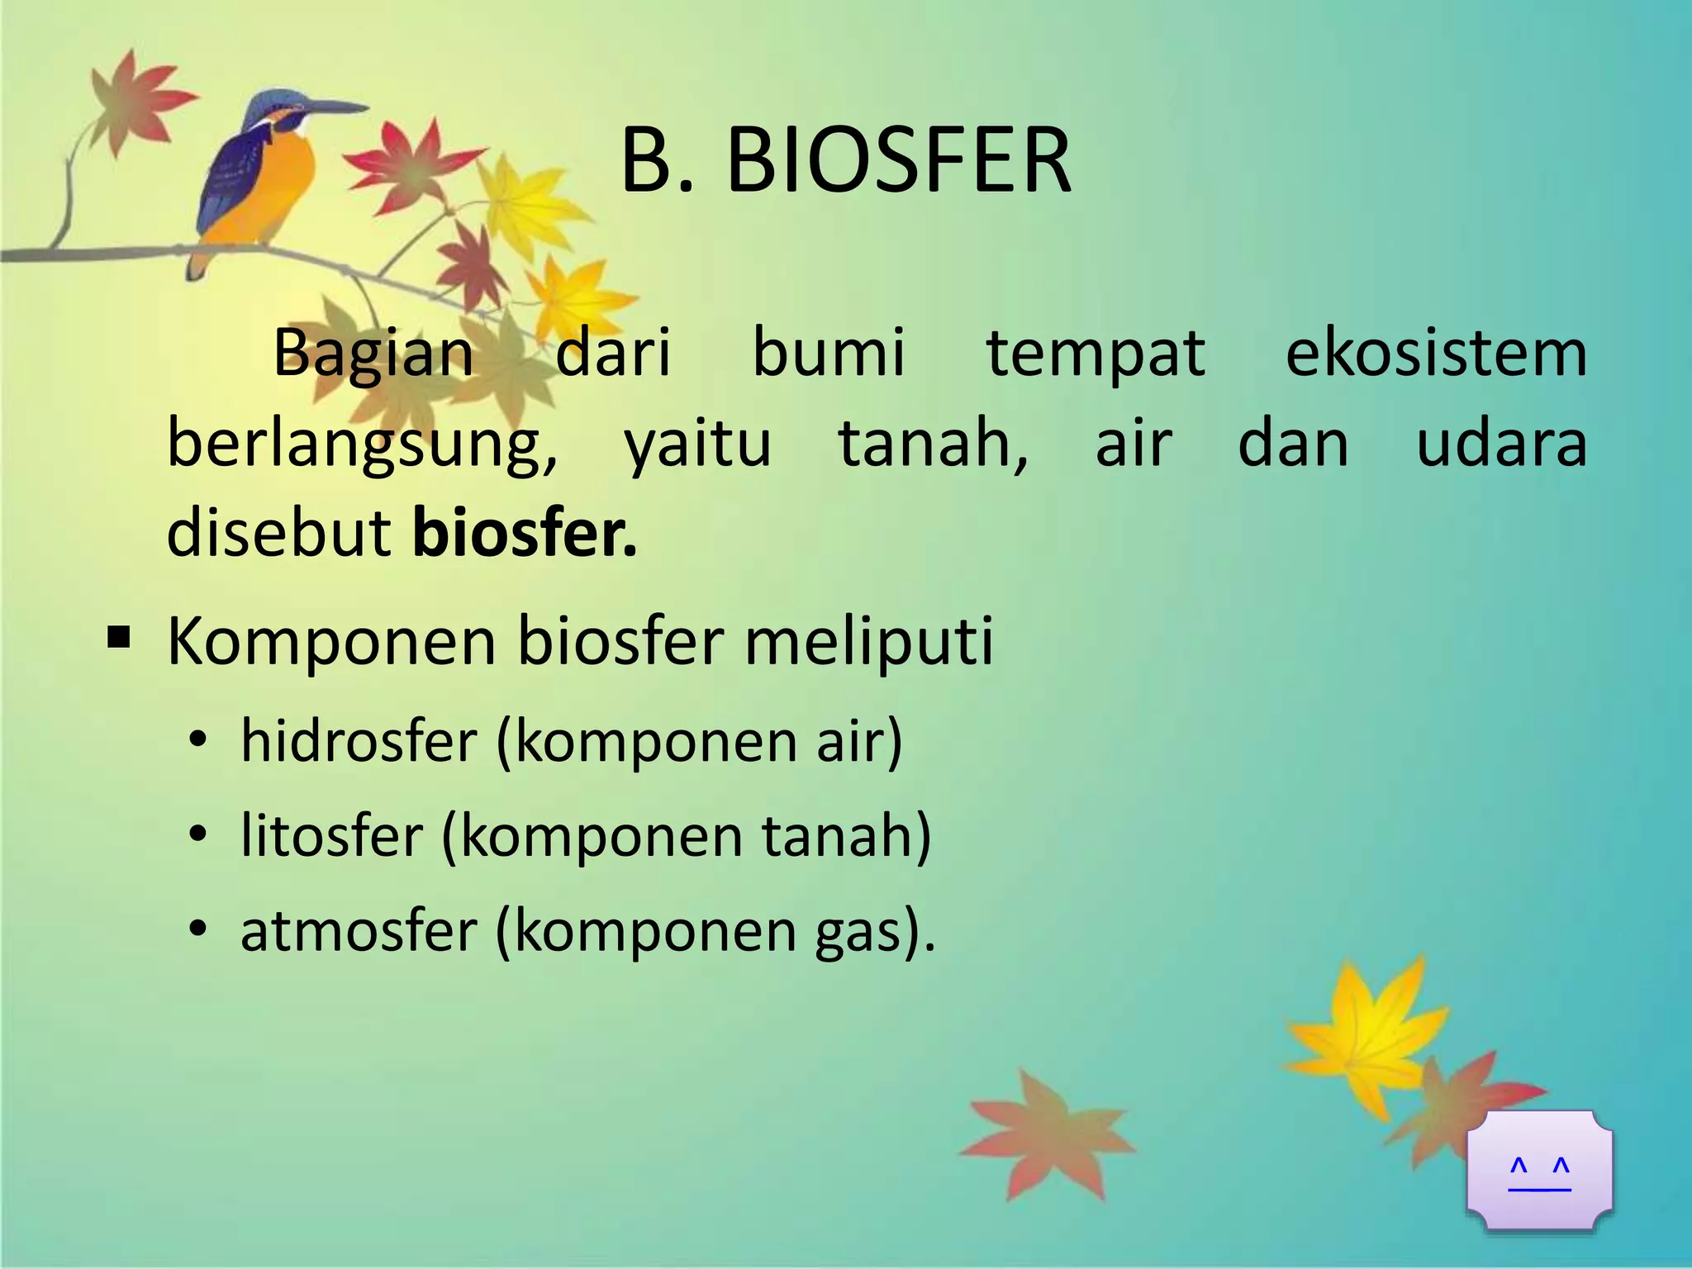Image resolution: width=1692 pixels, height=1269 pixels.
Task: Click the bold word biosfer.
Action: click(x=524, y=534)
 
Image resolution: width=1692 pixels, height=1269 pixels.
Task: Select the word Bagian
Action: click(x=373, y=354)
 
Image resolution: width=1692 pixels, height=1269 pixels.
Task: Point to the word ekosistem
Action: click(x=1436, y=354)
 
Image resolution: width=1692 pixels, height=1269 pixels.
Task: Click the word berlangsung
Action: click(x=362, y=444)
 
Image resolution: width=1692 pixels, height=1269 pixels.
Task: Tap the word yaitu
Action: click(x=697, y=444)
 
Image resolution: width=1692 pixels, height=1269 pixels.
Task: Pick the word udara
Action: click(x=1501, y=444)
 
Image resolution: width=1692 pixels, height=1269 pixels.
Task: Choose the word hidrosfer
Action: click(x=359, y=740)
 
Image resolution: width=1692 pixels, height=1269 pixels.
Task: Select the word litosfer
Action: click(x=331, y=835)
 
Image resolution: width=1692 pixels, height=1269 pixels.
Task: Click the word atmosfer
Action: click(x=359, y=930)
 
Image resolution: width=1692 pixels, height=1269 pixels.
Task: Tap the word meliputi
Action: click(x=869, y=641)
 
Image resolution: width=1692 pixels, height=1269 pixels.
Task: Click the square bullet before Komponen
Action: click(x=119, y=638)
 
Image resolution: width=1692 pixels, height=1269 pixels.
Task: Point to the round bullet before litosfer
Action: click(x=197, y=836)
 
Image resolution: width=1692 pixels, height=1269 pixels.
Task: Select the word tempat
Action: click(x=1096, y=354)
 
